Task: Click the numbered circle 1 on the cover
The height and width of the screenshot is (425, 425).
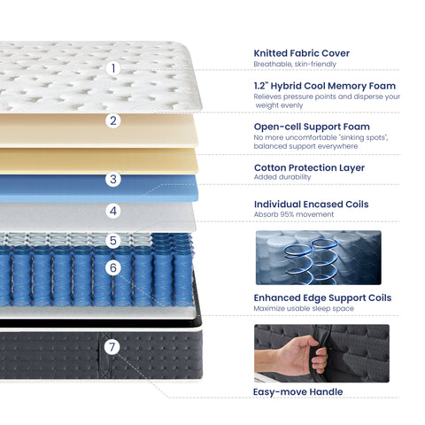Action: pyautogui.click(x=113, y=68)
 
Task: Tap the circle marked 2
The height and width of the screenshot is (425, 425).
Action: pyautogui.click(x=113, y=120)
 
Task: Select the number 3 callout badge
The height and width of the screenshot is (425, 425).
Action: pyautogui.click(x=113, y=179)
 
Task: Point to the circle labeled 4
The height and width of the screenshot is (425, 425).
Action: pyautogui.click(x=113, y=211)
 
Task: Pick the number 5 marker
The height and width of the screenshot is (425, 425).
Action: pyautogui.click(x=113, y=241)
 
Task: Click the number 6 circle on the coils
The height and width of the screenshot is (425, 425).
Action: pyautogui.click(x=113, y=267)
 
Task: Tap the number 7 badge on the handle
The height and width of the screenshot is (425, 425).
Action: pyautogui.click(x=112, y=347)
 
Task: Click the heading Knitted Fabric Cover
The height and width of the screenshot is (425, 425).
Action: pyautogui.click(x=301, y=53)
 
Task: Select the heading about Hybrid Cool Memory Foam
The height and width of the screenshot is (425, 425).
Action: pyautogui.click(x=325, y=86)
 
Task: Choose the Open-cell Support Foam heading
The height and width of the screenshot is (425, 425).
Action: pyautogui.click(x=312, y=127)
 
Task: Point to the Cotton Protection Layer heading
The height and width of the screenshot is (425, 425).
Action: pyautogui.click(x=309, y=167)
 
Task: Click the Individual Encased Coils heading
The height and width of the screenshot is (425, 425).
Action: pyautogui.click(x=312, y=205)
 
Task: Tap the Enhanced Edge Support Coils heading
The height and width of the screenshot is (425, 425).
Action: pyautogui.click(x=322, y=297)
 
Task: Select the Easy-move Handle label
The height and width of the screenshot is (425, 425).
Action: pyautogui.click(x=298, y=392)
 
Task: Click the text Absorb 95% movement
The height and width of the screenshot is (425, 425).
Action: pyautogui.click(x=294, y=214)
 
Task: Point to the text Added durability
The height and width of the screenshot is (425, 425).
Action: pyautogui.click(x=282, y=177)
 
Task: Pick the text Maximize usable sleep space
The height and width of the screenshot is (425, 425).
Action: pyautogui.click(x=304, y=308)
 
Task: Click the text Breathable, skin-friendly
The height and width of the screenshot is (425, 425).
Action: pyautogui.click(x=295, y=64)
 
